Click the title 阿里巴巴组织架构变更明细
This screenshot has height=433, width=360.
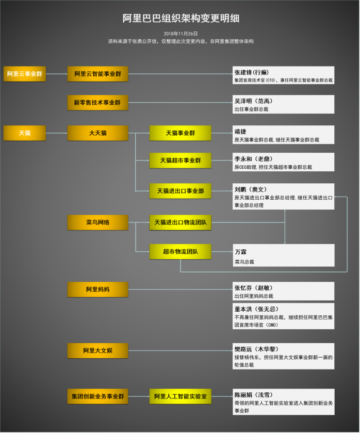click(x=181, y=19)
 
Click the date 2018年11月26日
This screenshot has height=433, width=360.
click(x=181, y=34)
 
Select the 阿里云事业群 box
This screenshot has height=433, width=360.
click(x=25, y=74)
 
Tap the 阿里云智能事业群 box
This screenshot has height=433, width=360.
click(x=98, y=74)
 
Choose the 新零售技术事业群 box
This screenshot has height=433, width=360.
click(x=98, y=103)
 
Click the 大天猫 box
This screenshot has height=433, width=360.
click(x=98, y=133)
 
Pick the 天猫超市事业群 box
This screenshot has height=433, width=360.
click(x=181, y=161)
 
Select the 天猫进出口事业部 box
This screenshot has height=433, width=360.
click(x=181, y=191)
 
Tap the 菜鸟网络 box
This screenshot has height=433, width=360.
click(x=98, y=222)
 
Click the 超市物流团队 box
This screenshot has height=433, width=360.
click(x=181, y=252)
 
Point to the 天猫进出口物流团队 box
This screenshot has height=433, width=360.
click(x=181, y=222)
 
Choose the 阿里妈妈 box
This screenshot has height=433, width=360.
click(x=98, y=289)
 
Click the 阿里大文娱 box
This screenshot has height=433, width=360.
click(x=98, y=351)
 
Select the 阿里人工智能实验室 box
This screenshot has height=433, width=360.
click(x=181, y=396)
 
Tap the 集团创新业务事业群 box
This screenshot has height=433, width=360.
click(x=98, y=396)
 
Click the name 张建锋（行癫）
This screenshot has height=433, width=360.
click(x=252, y=72)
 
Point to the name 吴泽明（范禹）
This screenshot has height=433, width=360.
click(x=252, y=101)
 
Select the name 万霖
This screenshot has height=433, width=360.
click(x=240, y=251)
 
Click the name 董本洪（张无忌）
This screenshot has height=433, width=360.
click(x=256, y=309)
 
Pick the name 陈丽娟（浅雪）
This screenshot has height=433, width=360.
click(x=254, y=394)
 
